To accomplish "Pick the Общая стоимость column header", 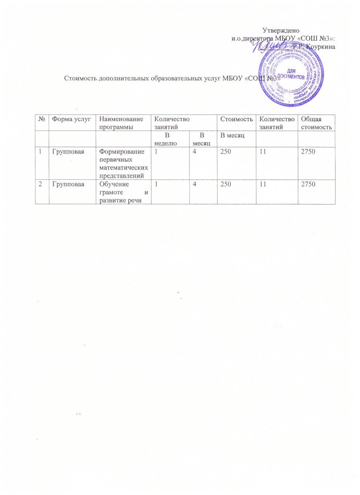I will pos(315,123).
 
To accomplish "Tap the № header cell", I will pos(42,119).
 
